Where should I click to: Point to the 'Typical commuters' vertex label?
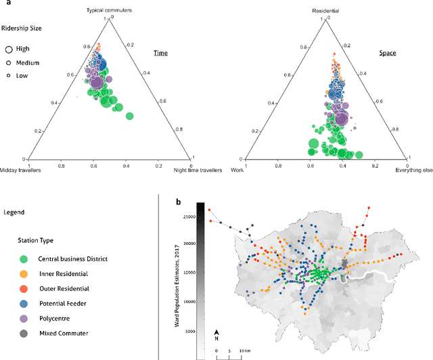108,11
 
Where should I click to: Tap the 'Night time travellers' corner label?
198,170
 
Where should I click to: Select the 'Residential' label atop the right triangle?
325,11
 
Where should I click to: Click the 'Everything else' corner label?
414,170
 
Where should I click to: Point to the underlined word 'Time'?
160,53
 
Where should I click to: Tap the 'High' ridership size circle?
10,49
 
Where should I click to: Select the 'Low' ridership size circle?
10,76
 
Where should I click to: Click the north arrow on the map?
216,333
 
